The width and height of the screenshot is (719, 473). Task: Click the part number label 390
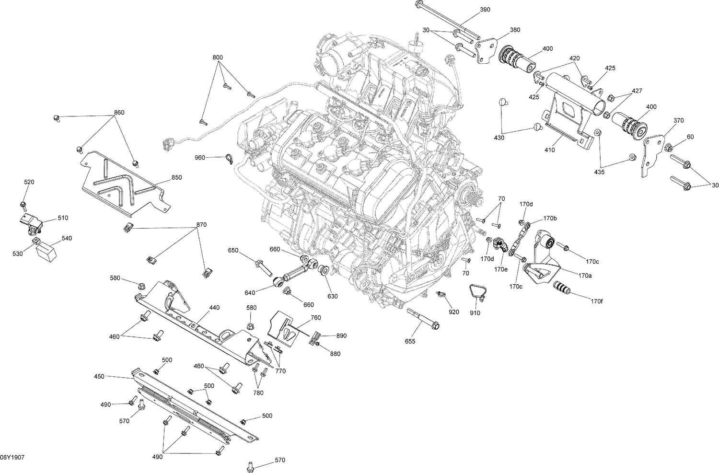tap(486, 10)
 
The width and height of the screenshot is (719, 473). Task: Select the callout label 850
tap(176, 178)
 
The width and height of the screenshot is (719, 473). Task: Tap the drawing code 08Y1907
tap(12, 458)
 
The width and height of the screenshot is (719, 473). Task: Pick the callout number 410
tap(549, 150)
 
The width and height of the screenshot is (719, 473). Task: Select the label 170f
tap(596, 301)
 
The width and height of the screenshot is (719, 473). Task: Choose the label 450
tap(99, 377)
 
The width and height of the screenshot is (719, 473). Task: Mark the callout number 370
tap(679, 121)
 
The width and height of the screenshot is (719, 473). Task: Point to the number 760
tap(315, 318)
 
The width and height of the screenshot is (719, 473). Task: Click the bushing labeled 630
tap(324, 269)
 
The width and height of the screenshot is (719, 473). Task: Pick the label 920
tap(453, 312)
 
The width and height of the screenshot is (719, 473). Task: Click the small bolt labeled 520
tap(23, 205)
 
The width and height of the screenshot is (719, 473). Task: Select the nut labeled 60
tap(670, 147)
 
